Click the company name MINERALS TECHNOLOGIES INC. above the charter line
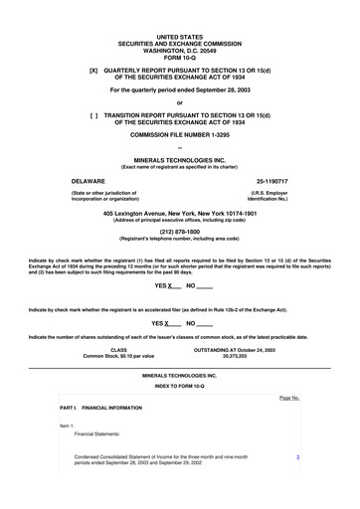pos(180,159)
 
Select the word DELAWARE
pos(82,181)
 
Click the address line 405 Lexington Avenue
pos(180,213)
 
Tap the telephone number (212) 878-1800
pos(180,232)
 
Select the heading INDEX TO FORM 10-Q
pos(180,385)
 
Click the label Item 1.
pos(68,425)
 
